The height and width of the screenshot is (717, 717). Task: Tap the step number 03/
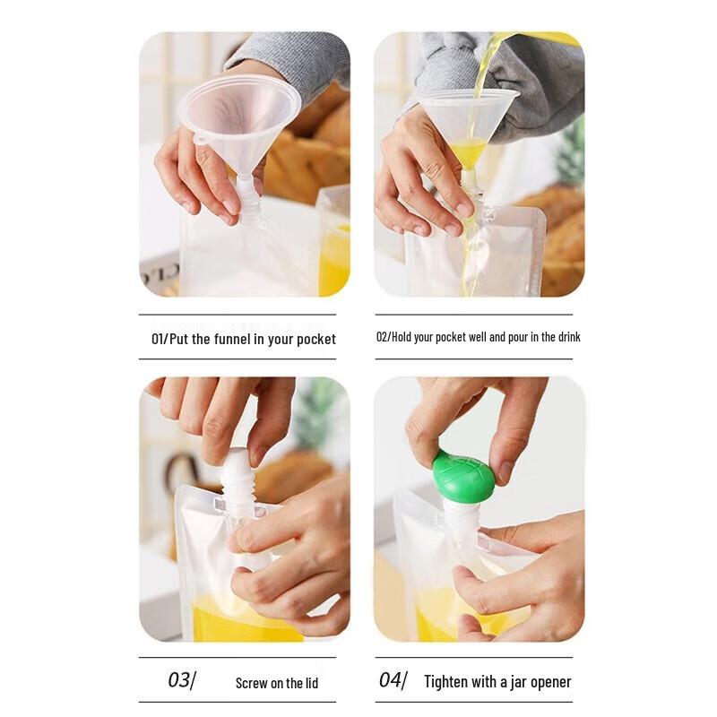click(181, 680)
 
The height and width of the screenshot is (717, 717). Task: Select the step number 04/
click(392, 680)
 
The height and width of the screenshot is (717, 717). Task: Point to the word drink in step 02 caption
click(566, 337)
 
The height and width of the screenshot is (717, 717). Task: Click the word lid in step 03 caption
click(309, 683)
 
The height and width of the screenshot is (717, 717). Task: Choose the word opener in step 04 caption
click(549, 683)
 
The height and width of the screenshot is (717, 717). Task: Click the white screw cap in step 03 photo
click(238, 480)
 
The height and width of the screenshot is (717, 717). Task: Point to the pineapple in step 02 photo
click(570, 161)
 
